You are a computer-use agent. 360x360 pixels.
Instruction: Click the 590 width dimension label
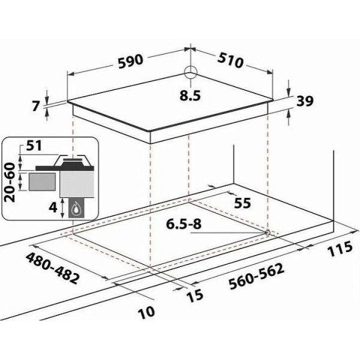coord(131,61)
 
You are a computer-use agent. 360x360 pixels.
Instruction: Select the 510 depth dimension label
coord(230,61)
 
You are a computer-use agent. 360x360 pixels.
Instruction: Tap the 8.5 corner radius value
coord(190,95)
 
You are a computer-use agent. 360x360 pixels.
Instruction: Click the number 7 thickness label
coord(35,106)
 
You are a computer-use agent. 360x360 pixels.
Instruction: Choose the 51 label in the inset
coord(34,145)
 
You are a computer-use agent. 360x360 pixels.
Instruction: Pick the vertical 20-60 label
coord(10,182)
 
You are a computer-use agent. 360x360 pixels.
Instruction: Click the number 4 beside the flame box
coord(53,208)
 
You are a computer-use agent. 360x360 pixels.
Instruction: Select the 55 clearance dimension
coord(242,203)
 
